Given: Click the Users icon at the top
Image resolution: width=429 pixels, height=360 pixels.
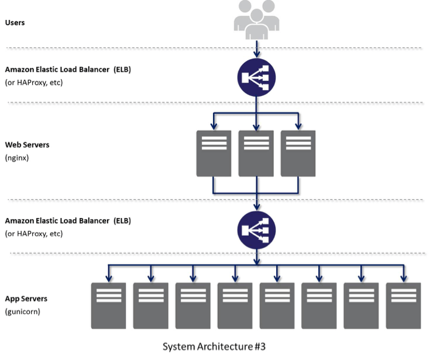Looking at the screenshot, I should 257,17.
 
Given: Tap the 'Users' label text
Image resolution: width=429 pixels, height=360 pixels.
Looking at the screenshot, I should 15,23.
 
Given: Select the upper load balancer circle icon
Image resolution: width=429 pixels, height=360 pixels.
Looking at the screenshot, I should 256,77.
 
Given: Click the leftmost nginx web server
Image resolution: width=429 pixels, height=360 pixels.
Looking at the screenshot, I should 213,153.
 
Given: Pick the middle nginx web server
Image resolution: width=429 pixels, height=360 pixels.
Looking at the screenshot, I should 256,153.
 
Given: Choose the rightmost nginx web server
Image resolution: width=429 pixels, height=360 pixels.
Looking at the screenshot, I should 298,153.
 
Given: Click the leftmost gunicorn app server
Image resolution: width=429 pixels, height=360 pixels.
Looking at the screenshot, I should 108,305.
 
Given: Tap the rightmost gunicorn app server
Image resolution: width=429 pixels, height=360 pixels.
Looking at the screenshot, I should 403,305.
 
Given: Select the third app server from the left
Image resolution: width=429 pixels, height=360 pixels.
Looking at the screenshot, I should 193,305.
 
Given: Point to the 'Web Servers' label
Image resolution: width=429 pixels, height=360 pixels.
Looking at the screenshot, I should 27,145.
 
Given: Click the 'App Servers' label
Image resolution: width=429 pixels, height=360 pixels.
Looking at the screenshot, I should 26,298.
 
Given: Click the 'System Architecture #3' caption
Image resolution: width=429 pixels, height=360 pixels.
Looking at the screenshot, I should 214,347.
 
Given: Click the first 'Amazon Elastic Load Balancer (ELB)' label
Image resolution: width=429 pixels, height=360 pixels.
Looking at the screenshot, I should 68,70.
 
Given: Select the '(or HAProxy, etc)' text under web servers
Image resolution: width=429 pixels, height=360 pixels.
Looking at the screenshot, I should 33,233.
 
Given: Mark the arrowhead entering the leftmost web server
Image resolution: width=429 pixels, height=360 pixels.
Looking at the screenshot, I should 213,127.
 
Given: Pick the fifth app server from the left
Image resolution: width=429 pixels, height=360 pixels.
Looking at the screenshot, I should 277,305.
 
